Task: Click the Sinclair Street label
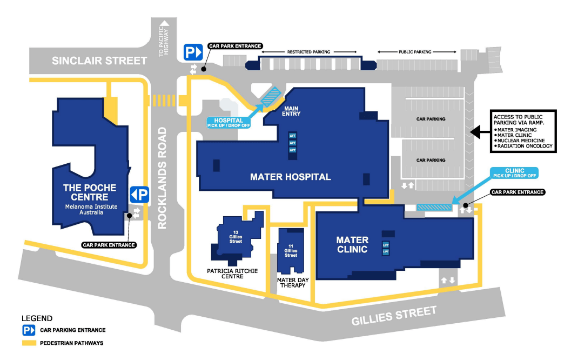click(x=99, y=61)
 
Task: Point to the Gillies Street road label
click(x=394, y=316)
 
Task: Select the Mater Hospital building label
click(x=291, y=177)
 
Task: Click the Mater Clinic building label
click(x=352, y=244)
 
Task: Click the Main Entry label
click(x=292, y=111)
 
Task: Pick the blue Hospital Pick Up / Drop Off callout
click(x=227, y=123)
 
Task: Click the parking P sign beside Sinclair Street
click(x=192, y=52)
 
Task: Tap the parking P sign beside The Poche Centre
click(x=139, y=194)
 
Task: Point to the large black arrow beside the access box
click(x=480, y=131)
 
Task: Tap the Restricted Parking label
click(x=308, y=52)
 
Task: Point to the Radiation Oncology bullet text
click(x=526, y=146)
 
